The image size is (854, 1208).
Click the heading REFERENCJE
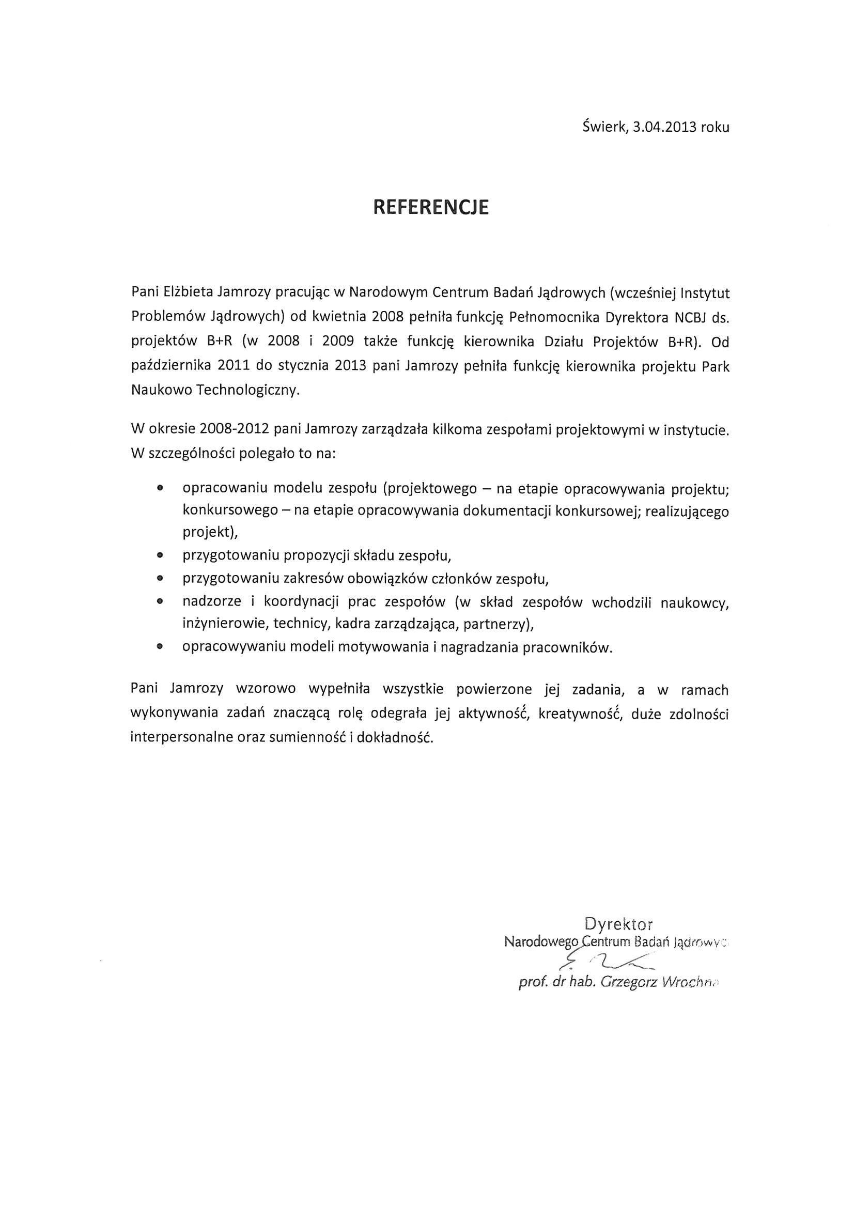[430, 207]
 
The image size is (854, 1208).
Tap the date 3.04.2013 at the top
[664, 127]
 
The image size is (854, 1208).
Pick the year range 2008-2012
[235, 429]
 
